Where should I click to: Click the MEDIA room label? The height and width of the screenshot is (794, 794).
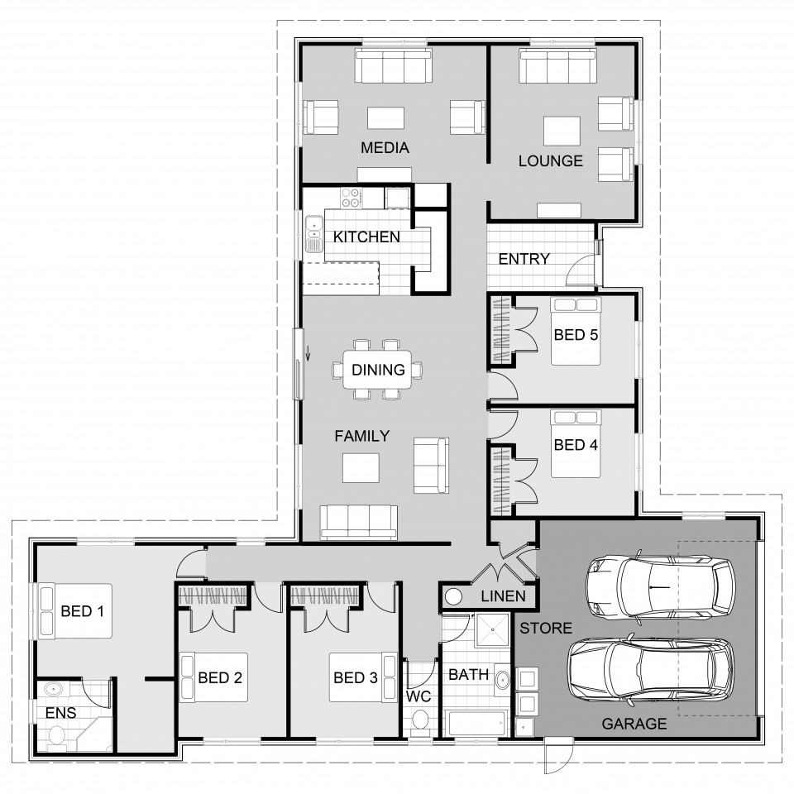[385, 148]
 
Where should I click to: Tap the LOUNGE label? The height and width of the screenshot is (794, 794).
[551, 161]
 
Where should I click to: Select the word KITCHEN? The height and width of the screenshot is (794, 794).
[366, 237]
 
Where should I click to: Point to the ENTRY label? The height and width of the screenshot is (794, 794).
[524, 259]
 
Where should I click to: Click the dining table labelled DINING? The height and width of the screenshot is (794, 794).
[378, 370]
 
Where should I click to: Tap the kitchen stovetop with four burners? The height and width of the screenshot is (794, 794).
[351, 198]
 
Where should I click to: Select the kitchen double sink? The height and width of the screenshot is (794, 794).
[314, 233]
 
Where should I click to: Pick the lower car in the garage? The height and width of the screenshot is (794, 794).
[650, 669]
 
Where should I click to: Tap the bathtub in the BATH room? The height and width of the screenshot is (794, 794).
[476, 723]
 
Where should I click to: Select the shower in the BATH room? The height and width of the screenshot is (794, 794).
[491, 630]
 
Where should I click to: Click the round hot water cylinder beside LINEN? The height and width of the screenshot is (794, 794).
[453, 597]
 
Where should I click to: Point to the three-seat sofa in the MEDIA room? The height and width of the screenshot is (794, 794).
[394, 66]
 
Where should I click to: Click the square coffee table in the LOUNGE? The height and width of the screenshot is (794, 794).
[562, 131]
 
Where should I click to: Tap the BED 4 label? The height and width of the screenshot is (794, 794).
[576, 445]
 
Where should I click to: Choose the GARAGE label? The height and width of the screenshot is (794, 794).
[634, 724]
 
